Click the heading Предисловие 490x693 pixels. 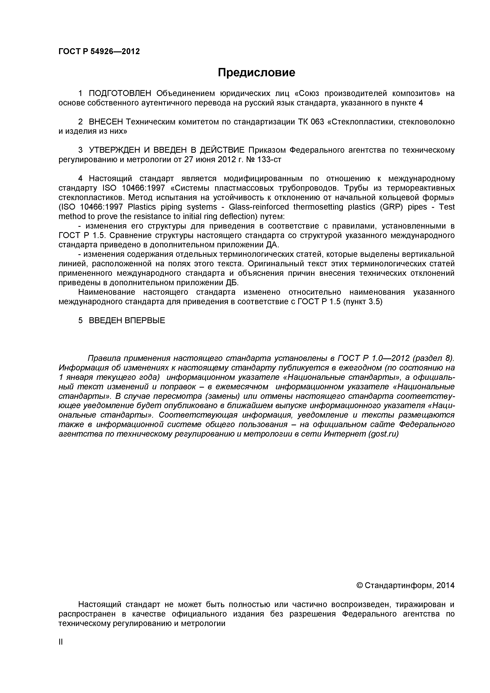pyautogui.click(x=257, y=73)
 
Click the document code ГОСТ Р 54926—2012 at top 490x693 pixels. pyautogui.click(x=99, y=52)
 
